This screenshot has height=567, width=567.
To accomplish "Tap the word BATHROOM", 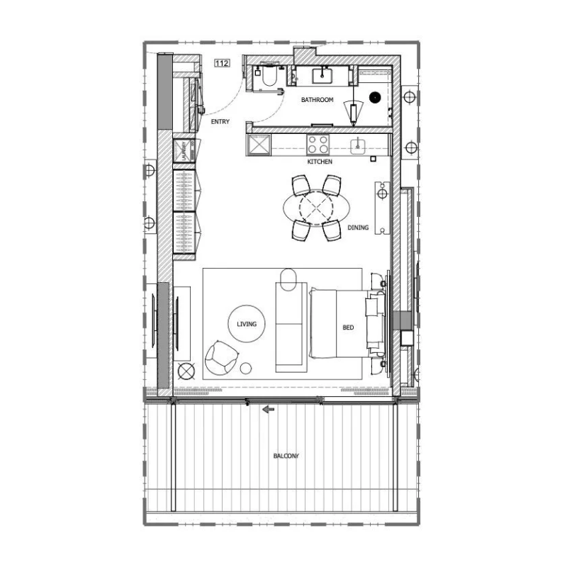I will pyautogui.click(x=317, y=100).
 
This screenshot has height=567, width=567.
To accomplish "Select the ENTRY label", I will pyautogui.click(x=220, y=121).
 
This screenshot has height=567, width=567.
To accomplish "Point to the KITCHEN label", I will pyautogui.click(x=320, y=162).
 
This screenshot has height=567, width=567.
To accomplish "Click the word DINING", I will pyautogui.click(x=358, y=228).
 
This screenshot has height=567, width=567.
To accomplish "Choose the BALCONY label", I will pyautogui.click(x=286, y=456).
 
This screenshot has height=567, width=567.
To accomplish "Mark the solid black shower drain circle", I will pyautogui.click(x=375, y=98).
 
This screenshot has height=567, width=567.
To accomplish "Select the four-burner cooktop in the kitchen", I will pyautogui.click(x=317, y=145).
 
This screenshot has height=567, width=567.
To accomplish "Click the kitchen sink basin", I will pyautogui.click(x=359, y=145).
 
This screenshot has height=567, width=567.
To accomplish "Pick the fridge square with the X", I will pyautogui.click(x=257, y=145).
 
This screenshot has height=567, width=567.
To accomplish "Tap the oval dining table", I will pyautogui.click(x=313, y=208).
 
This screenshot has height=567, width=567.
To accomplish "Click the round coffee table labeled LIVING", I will pyautogui.click(x=245, y=324).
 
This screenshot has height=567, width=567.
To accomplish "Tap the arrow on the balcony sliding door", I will pyautogui.click(x=269, y=409).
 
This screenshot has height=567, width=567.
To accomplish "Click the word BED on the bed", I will pyautogui.click(x=348, y=328).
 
